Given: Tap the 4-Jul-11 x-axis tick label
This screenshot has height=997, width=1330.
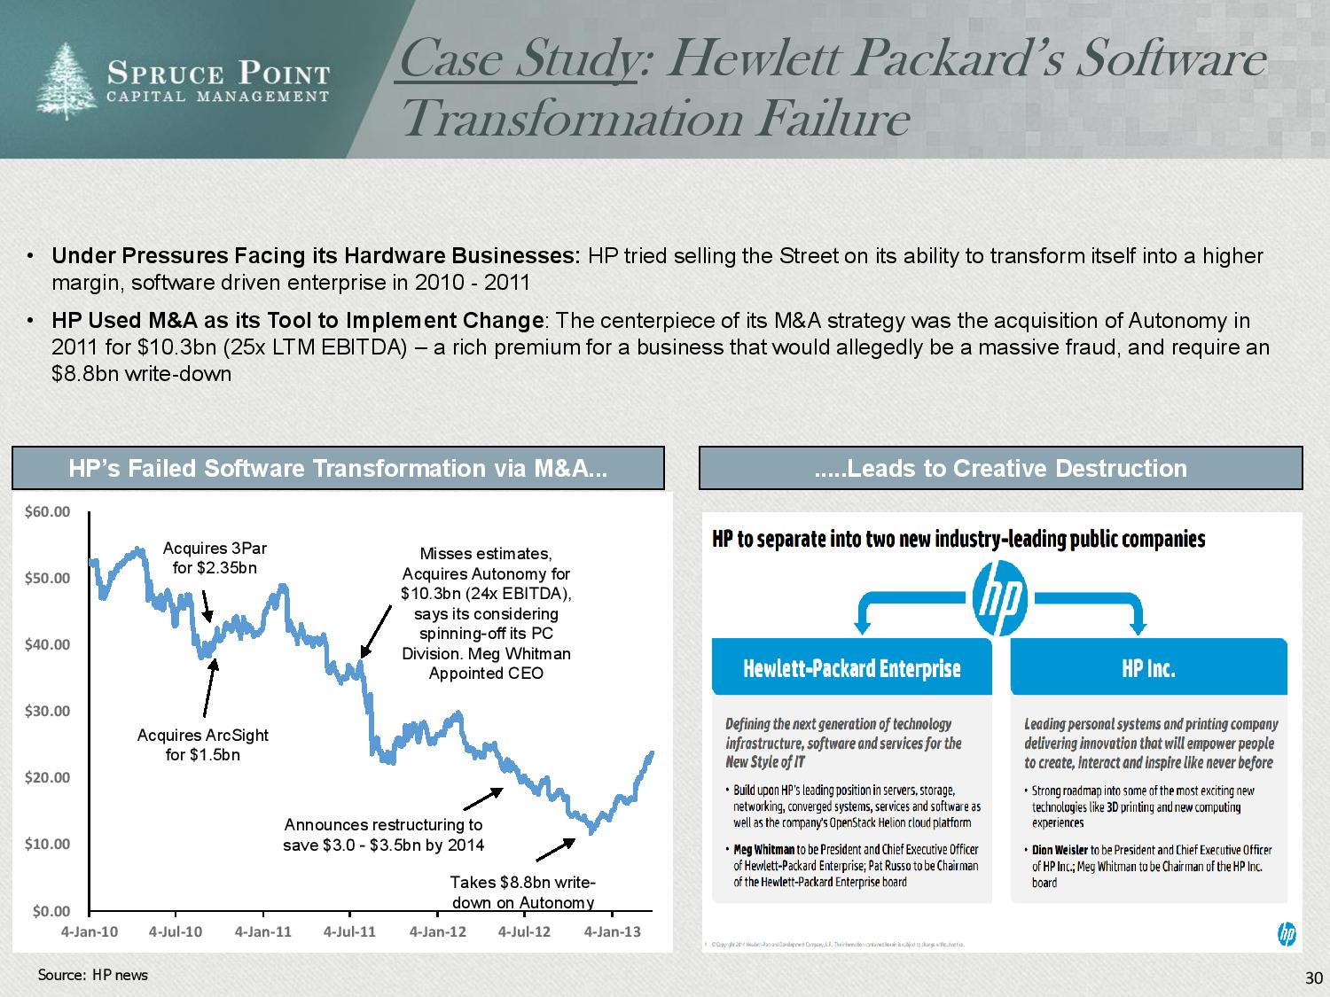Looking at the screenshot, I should [349, 931].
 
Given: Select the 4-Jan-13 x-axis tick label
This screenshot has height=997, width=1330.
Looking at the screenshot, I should [612, 931].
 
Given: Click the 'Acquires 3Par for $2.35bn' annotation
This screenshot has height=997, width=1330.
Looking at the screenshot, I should [215, 558].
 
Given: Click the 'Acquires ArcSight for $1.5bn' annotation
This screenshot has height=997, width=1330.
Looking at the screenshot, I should [203, 744].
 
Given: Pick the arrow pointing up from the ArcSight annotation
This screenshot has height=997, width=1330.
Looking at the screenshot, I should [210, 688].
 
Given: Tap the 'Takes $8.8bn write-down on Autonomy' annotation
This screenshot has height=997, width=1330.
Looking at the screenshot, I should [522, 892].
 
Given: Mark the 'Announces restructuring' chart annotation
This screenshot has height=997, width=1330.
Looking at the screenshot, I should [383, 835].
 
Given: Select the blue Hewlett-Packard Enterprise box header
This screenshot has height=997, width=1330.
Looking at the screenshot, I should [851, 668].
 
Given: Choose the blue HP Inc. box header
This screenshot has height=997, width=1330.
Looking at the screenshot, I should [1148, 668].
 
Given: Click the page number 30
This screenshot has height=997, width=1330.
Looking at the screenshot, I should [1313, 978].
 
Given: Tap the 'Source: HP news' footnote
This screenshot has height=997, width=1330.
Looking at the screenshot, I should [93, 975].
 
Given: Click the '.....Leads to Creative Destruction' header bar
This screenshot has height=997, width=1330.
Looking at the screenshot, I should [1000, 468].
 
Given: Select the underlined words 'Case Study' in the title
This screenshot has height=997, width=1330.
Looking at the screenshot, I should [519, 59].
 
